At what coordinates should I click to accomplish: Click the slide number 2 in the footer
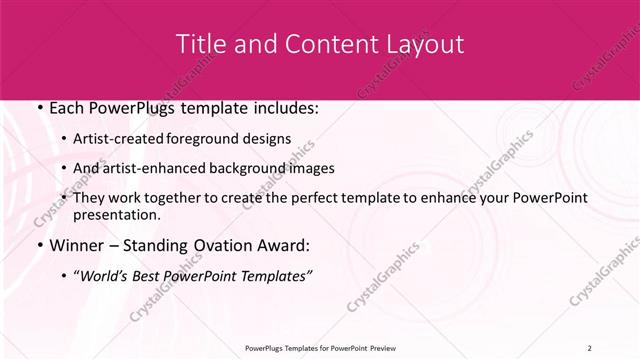coord(590,347)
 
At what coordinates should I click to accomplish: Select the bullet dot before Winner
coord(38,246)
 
